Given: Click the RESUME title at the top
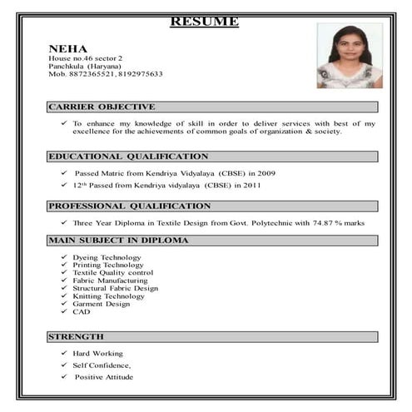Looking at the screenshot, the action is (x=204, y=21).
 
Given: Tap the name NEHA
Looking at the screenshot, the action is (x=67, y=48).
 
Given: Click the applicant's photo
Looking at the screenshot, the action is (x=350, y=56).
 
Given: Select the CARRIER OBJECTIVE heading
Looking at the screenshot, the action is (x=102, y=107).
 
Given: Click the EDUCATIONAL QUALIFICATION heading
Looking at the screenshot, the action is (x=128, y=156).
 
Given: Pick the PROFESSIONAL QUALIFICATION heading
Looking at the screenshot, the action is (x=129, y=206).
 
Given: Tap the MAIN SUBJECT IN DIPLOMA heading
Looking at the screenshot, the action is (x=118, y=240).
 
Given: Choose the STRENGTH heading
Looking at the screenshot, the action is (x=76, y=336).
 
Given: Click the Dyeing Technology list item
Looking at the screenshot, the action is (x=107, y=258).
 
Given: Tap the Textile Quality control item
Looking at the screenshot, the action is (x=112, y=273).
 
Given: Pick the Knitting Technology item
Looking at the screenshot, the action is (x=108, y=296).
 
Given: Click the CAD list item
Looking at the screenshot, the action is (x=81, y=311).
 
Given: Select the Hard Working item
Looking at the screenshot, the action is (x=97, y=354).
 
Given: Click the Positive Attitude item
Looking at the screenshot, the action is (x=103, y=377).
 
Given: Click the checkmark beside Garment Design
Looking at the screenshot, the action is (x=64, y=304).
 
